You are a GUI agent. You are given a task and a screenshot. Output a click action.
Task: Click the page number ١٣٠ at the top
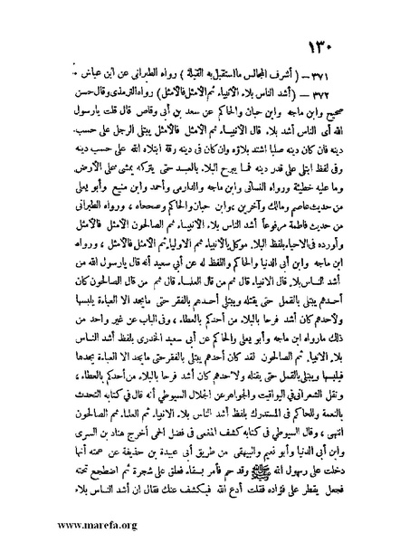coord(349,46)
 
